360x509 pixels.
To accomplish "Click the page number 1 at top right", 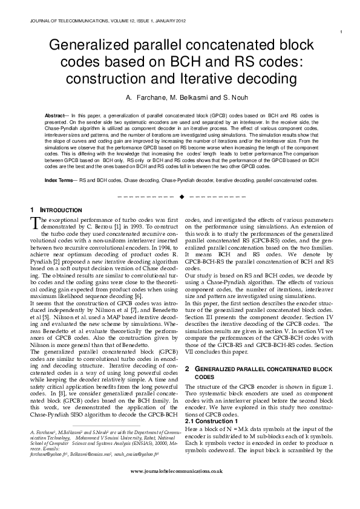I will tap(342, 31).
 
